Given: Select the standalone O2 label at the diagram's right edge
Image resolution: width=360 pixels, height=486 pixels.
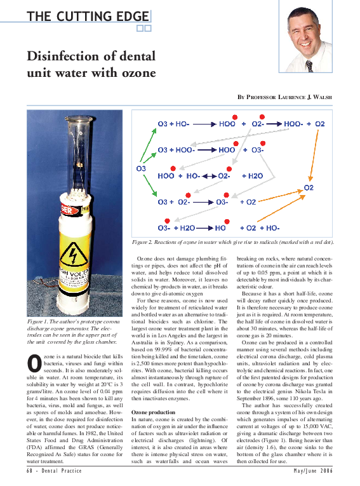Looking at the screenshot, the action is [x=309, y=187].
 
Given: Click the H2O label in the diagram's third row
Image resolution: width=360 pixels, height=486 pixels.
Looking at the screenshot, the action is [x=252, y=175].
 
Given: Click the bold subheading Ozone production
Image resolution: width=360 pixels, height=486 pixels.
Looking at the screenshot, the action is [x=153, y=413].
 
